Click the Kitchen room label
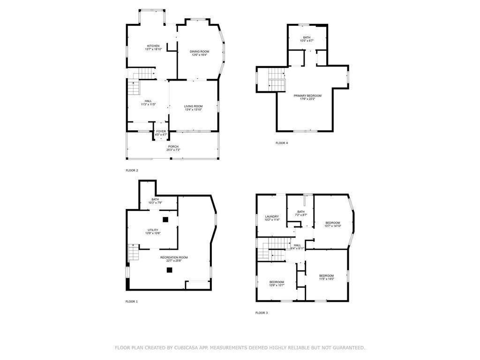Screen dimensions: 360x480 (x=153, y=46)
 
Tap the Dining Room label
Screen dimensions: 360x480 (x=199, y=52)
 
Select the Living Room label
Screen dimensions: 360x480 (x=193, y=106)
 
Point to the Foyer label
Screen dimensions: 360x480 (x=161, y=131)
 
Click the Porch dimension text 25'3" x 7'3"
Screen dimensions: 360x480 (x=173, y=150)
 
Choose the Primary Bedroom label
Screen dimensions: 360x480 (x=307, y=96)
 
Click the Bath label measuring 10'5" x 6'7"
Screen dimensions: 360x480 (x=307, y=37)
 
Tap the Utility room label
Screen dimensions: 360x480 (x=153, y=230)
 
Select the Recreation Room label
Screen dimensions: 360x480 (x=174, y=257)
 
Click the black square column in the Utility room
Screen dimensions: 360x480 (x=165, y=219)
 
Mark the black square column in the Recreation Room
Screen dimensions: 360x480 (x=169, y=270)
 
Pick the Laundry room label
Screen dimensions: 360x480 (x=271, y=217)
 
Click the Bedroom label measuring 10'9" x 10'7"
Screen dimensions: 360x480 (x=277, y=282)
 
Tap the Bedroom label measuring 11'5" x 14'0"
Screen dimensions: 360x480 (x=326, y=276)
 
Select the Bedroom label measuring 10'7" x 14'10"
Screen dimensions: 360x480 (x=333, y=223)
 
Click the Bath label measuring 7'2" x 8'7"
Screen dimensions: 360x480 (x=300, y=212)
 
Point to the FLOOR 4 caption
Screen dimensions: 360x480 (x=282, y=142)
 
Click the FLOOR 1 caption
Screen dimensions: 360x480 (x=132, y=301)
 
